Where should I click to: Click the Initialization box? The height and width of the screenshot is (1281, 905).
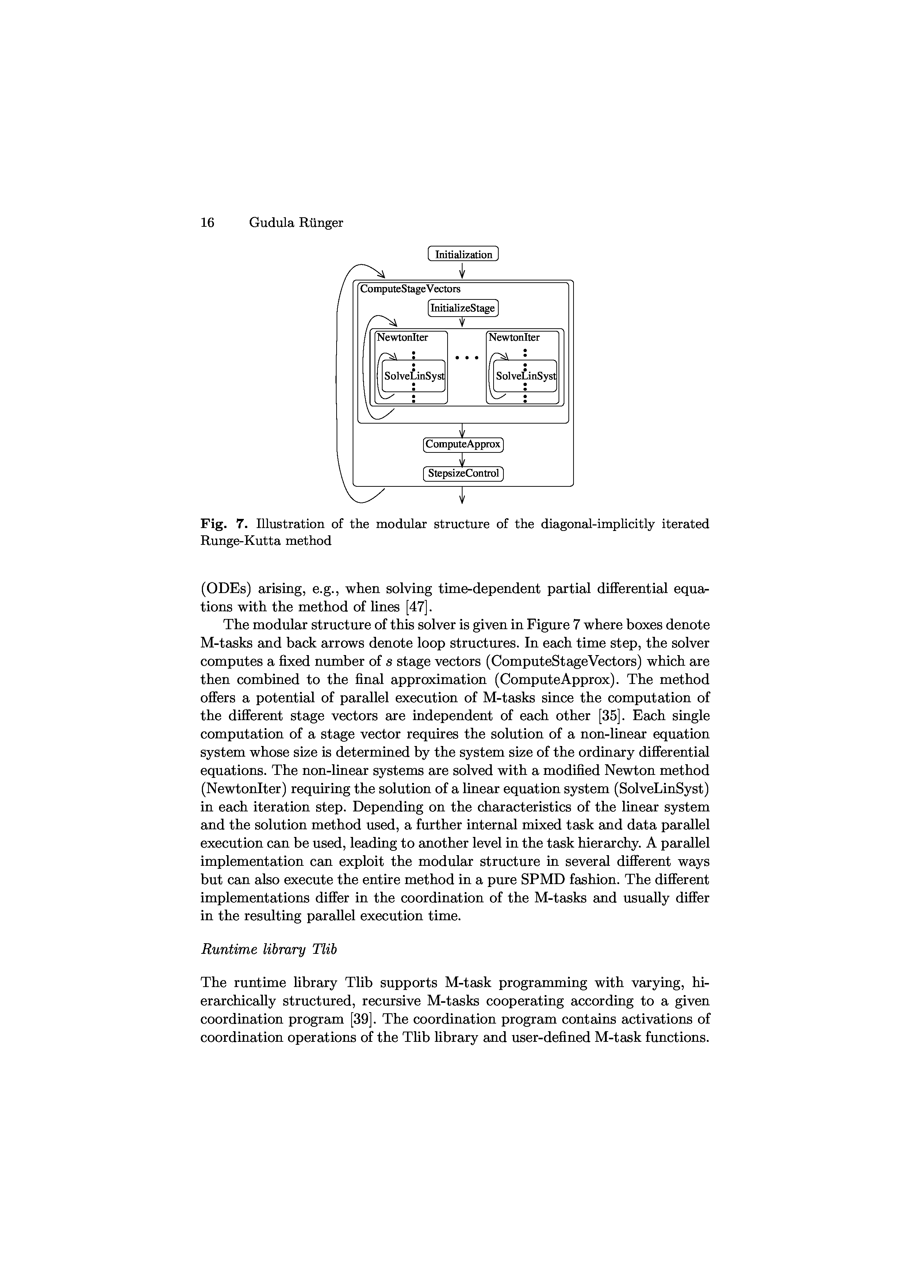click(x=463, y=255)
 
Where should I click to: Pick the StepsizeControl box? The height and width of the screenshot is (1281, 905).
click(x=463, y=474)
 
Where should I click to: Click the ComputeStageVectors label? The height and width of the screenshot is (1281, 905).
click(x=410, y=289)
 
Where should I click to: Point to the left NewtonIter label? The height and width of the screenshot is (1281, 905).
click(x=403, y=337)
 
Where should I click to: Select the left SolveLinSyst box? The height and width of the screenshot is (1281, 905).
click(x=414, y=376)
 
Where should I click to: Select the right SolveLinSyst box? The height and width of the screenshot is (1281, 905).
click(x=525, y=376)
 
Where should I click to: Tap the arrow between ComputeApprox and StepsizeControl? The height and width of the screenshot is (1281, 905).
click(x=462, y=459)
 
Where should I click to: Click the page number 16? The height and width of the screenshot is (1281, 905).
click(x=207, y=223)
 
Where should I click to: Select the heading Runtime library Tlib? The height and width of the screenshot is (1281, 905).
click(x=268, y=949)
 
